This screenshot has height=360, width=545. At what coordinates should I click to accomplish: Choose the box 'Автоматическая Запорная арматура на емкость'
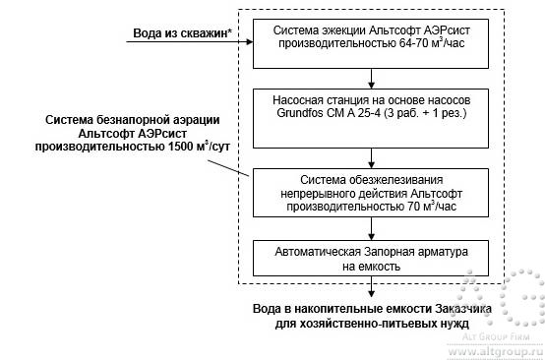[x=371, y=258]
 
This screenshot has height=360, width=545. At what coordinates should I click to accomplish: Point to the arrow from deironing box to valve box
[x=371, y=228]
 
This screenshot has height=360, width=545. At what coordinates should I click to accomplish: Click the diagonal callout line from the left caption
[x=237, y=169]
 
